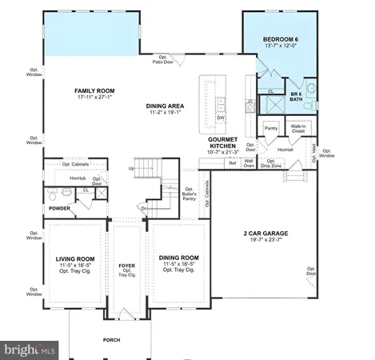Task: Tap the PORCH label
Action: click(113, 340)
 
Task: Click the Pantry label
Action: click(270, 127)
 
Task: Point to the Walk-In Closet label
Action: click(299, 129)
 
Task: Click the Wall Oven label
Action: click(249, 163)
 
